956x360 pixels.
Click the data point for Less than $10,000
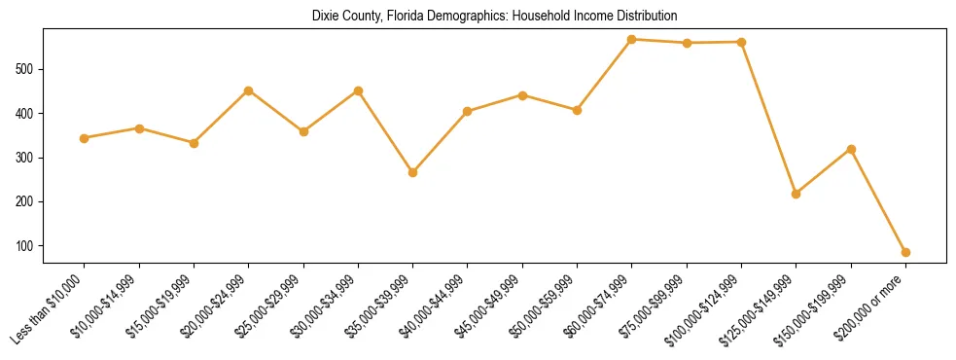[85, 138]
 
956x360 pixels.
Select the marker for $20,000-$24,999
[249, 90]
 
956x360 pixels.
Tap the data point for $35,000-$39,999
[413, 172]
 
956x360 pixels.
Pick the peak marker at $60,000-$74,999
[632, 40]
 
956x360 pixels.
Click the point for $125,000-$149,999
[797, 194]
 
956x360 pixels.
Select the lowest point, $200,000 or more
[905, 252]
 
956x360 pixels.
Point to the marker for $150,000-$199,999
[851, 149]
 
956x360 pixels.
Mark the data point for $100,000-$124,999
[742, 42]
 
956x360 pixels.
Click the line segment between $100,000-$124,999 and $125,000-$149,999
[769, 118]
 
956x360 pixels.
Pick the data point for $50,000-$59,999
[578, 110]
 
